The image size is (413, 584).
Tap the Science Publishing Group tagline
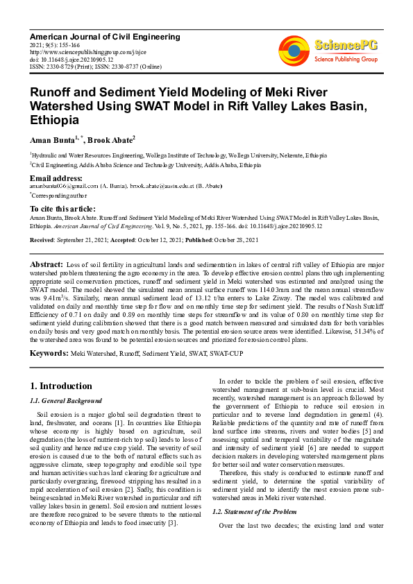coord(346,60)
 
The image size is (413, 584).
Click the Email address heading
coord(57,178)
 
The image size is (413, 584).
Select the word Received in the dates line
coord(44,240)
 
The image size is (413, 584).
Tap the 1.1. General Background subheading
coord(66,401)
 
